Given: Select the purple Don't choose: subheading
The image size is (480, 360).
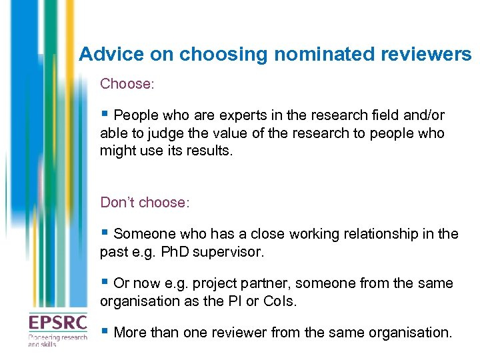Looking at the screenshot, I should pyautogui.click(x=145, y=202).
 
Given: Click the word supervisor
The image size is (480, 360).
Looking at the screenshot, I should pyautogui.click(x=229, y=253).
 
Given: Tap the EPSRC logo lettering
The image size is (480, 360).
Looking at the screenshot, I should pyautogui.click(x=57, y=323).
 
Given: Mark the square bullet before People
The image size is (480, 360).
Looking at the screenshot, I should pyautogui.click(x=104, y=115).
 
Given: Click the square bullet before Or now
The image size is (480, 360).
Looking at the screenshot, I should pyautogui.click(x=104, y=283).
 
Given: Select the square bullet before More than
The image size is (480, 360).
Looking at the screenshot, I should pyautogui.click(x=104, y=332).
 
